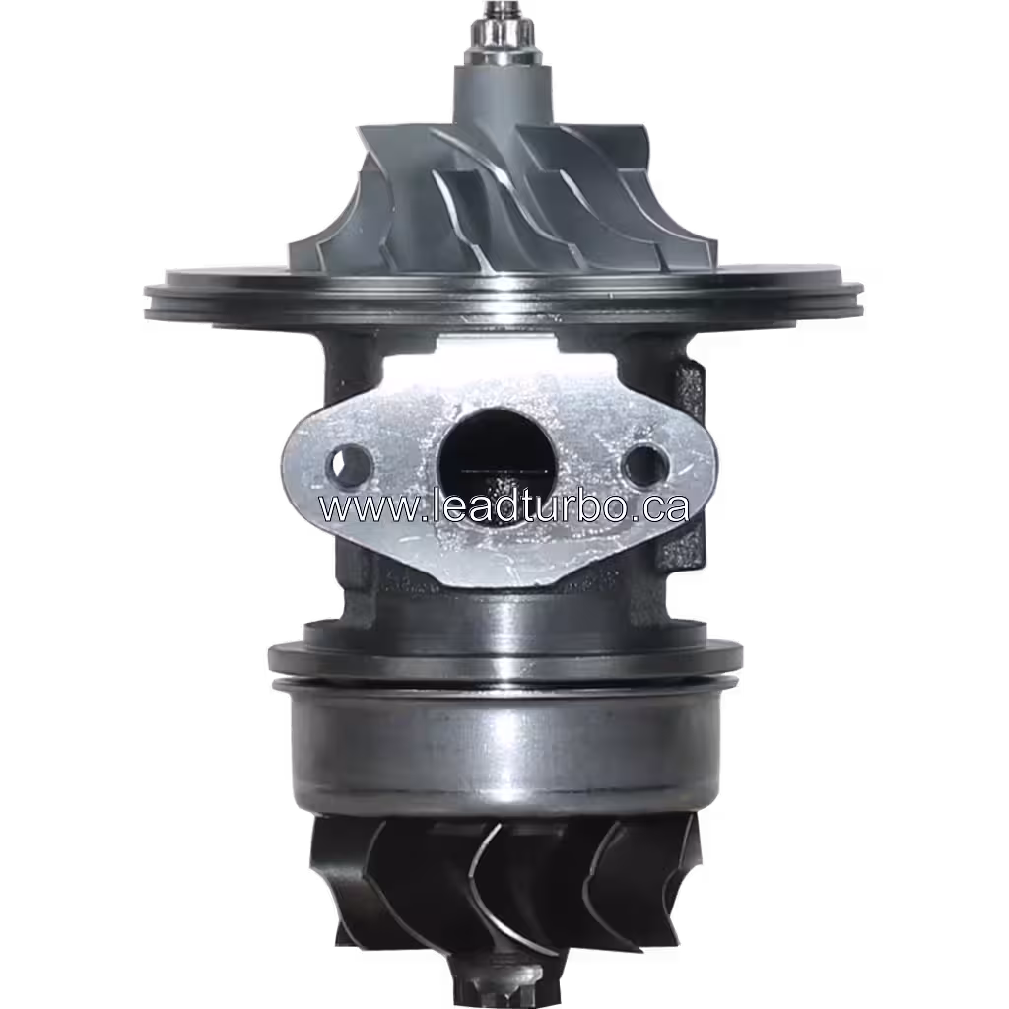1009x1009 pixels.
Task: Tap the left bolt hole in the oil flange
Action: pyautogui.click(x=351, y=459)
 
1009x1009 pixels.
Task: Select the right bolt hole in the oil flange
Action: pyautogui.click(x=645, y=460)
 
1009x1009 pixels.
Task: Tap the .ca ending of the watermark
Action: pyautogui.click(x=659, y=508)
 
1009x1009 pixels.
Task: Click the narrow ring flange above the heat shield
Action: pyautogui.click(x=504, y=654)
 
